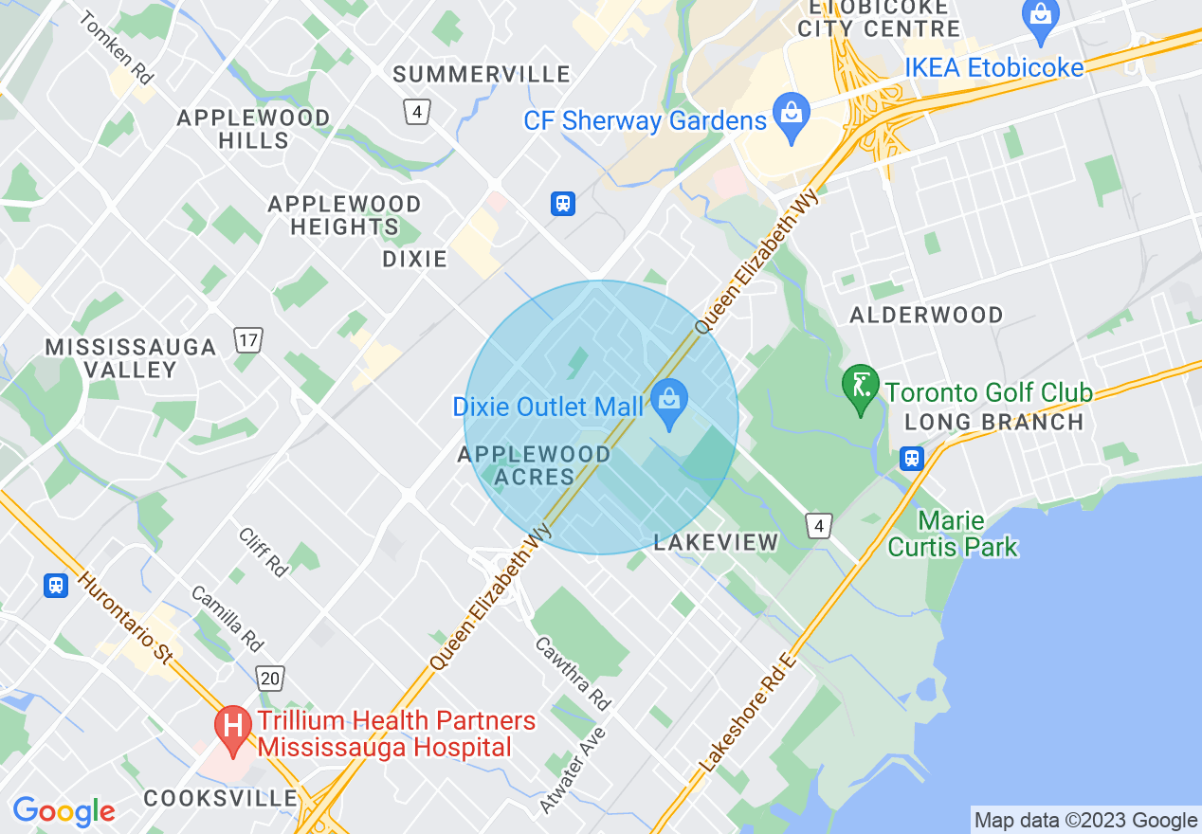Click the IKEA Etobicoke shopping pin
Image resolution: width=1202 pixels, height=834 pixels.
point(1041,21)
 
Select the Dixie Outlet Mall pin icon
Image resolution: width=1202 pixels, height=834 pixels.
point(669,405)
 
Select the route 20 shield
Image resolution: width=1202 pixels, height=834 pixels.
point(270,678)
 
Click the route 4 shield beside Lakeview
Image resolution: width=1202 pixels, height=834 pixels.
point(819,525)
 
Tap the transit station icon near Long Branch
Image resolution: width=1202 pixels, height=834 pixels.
point(912,459)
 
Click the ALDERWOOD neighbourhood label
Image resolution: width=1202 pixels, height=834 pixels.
point(926,315)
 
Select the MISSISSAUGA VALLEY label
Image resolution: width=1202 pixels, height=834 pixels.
point(131,358)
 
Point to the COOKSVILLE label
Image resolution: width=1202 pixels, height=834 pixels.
point(220,798)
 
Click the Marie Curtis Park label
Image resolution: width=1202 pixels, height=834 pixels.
point(953,534)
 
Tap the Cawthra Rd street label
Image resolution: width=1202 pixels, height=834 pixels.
point(573,674)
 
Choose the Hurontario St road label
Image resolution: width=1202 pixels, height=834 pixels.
point(124,617)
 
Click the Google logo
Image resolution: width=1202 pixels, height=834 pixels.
point(64,811)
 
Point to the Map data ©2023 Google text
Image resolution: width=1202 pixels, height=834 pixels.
point(1086,821)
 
